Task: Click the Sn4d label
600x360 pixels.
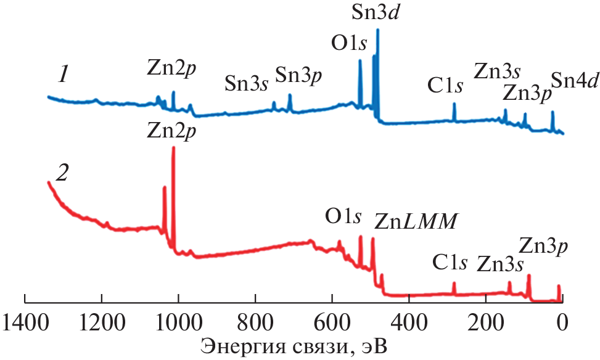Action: (574, 80)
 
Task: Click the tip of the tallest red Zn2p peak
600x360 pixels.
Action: (173, 147)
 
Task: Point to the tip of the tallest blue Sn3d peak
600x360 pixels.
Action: (377, 30)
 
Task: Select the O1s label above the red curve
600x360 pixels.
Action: (343, 217)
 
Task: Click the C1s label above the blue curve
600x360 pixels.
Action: (445, 86)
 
